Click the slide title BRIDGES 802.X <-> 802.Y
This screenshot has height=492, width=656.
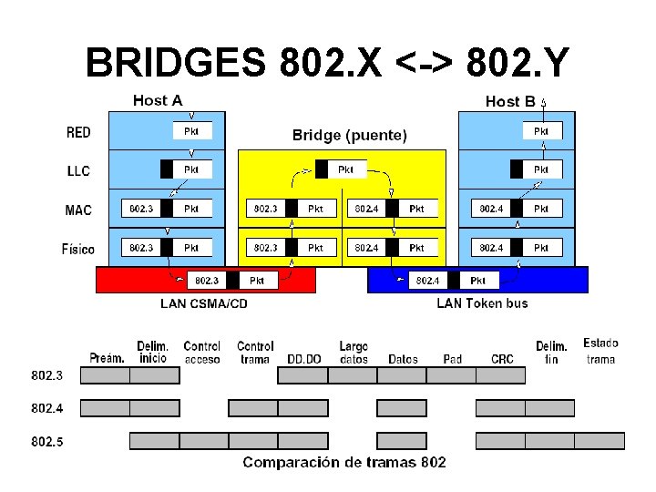click(328, 64)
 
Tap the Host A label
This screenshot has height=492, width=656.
click(158, 99)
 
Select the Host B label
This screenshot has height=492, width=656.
click(510, 101)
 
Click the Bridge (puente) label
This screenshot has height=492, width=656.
click(350, 135)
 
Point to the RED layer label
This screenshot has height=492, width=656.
click(78, 132)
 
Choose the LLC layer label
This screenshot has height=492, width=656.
click(78, 170)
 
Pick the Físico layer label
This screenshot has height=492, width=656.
click(77, 248)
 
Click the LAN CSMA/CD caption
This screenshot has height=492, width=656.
click(204, 302)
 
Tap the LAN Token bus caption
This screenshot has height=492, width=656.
click(482, 302)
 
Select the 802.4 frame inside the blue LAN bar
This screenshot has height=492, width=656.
click(454, 281)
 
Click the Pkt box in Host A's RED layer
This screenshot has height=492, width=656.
click(192, 131)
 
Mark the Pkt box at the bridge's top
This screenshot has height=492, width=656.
click(341, 169)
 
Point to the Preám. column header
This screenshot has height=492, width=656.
click(107, 358)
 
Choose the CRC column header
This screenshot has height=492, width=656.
click(502, 358)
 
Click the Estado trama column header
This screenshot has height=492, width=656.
click(600, 351)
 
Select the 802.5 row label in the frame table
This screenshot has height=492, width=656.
click(47, 442)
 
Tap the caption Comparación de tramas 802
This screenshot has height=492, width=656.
click(344, 463)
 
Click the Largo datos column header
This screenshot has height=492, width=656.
click(354, 352)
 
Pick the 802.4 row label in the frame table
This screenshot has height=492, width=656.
click(47, 407)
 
